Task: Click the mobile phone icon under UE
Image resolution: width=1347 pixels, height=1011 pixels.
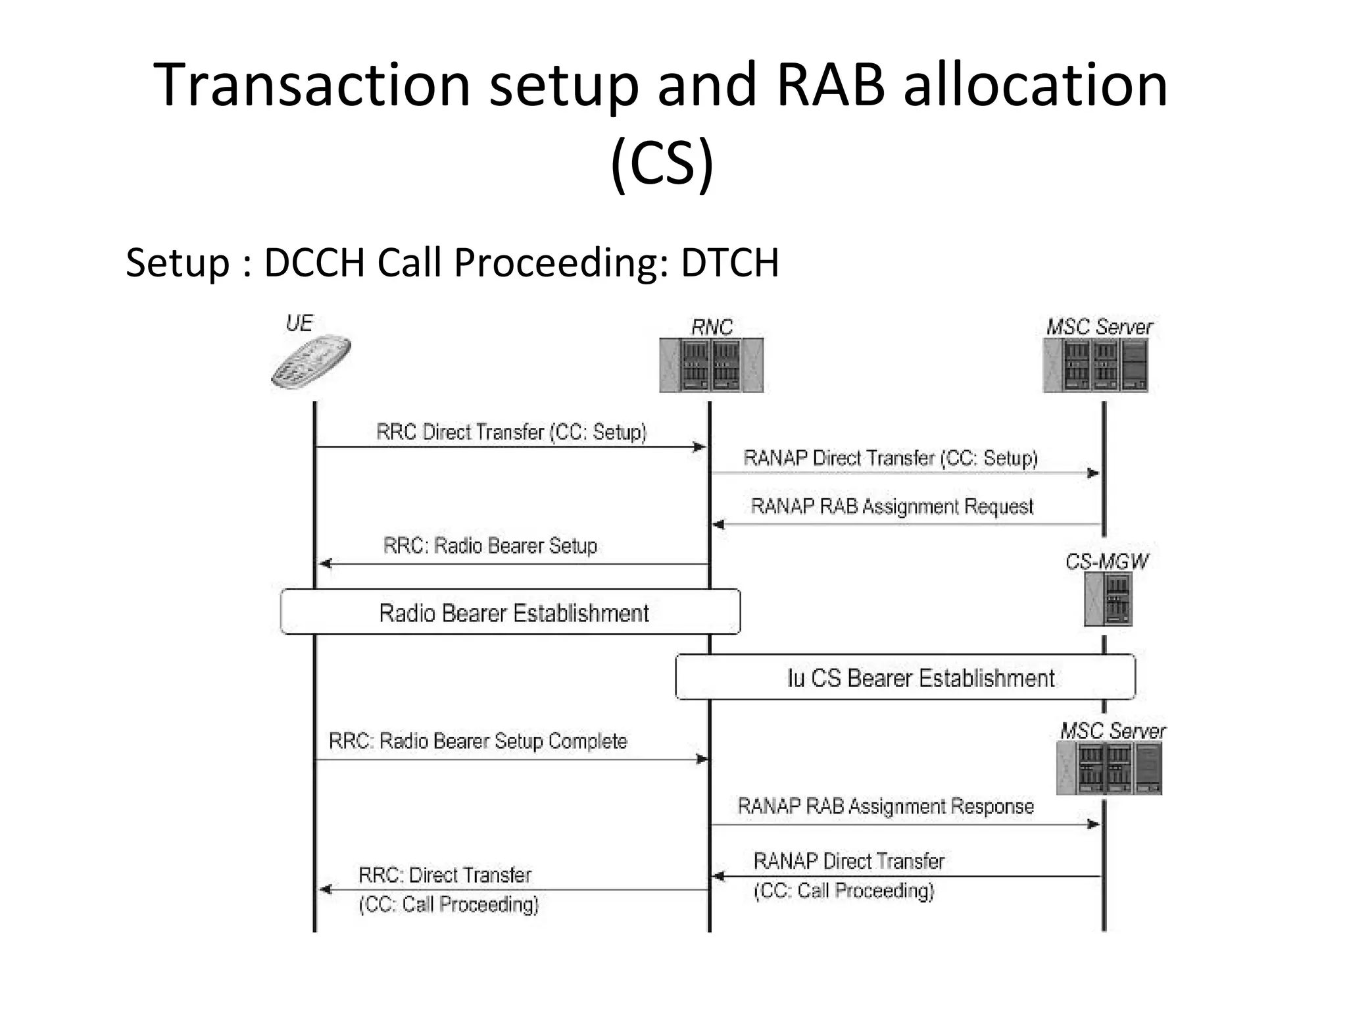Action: [311, 363]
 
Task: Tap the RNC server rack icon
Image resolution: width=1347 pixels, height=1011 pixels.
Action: [711, 365]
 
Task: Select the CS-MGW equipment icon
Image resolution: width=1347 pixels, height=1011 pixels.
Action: [1108, 599]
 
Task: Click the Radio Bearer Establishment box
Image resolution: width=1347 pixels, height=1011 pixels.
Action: [510, 612]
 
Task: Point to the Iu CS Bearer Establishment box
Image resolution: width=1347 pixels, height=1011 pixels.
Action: [905, 677]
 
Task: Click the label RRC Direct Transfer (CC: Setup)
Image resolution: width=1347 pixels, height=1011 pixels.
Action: [511, 432]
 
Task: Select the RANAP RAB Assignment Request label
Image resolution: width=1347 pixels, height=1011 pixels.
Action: [891, 507]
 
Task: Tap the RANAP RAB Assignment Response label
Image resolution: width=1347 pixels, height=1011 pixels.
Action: [885, 806]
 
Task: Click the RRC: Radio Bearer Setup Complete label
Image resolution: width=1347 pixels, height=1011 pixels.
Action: [478, 741]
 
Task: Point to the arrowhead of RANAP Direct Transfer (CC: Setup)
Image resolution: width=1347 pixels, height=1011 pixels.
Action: [1093, 473]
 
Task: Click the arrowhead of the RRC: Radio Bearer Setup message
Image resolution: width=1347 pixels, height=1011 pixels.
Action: [325, 563]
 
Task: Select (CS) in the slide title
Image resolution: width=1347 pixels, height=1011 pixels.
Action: [662, 163]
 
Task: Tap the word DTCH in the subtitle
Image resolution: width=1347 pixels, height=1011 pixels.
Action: [729, 263]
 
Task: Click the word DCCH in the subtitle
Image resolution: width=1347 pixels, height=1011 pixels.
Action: [314, 263]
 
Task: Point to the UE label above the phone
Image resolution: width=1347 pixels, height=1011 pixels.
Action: [299, 323]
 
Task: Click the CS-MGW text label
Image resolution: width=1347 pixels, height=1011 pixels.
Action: [1106, 561]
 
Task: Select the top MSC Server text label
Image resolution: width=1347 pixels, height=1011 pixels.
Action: [1099, 327]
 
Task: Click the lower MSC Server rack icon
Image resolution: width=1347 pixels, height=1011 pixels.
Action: [1109, 768]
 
